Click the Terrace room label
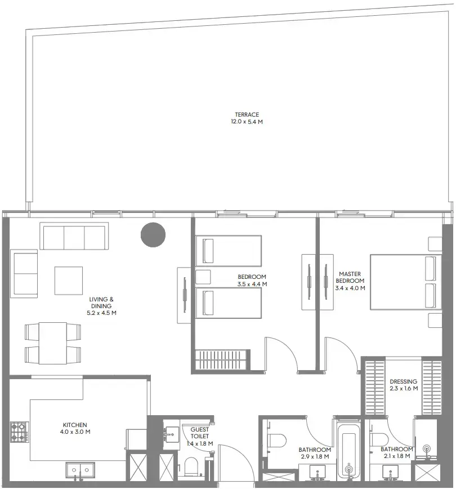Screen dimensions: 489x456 click(247, 118)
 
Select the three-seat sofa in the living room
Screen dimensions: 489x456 click(73, 236)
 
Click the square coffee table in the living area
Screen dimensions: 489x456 click(69, 280)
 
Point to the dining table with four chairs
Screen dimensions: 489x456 click(52, 343)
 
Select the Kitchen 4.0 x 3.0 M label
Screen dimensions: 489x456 click(75, 428)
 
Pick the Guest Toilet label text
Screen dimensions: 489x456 click(200, 433)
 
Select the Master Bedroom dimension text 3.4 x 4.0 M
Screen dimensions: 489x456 click(350, 288)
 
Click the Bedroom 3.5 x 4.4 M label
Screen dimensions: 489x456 click(252, 280)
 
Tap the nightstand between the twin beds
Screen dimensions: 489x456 click(203, 277)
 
